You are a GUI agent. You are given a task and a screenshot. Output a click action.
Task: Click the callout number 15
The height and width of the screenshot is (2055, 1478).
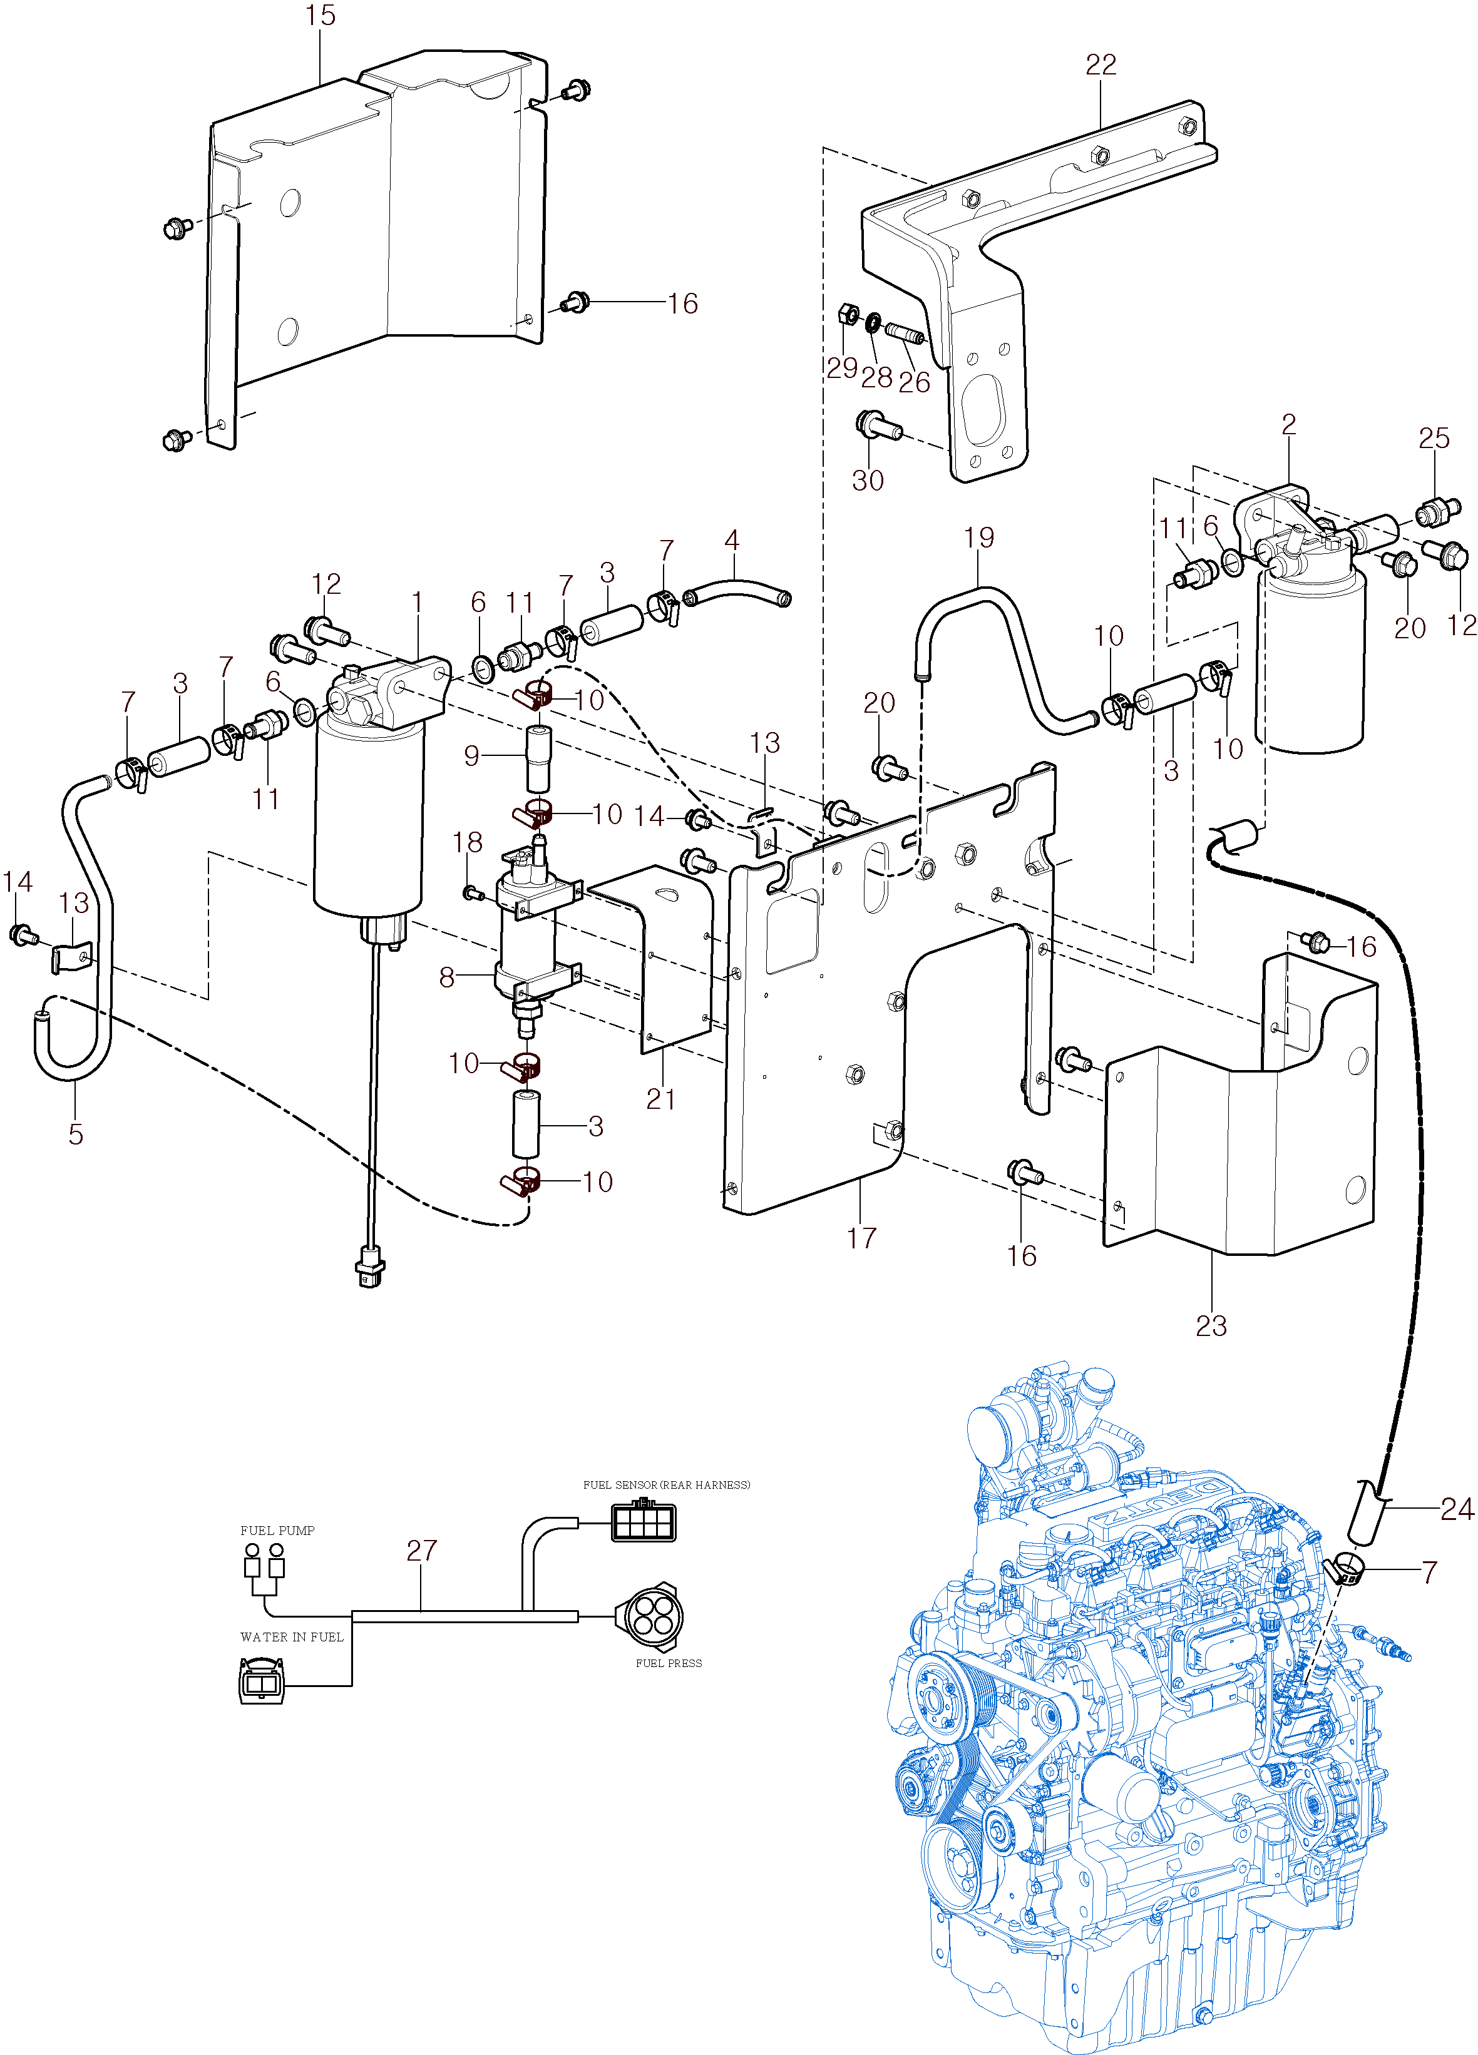(x=321, y=16)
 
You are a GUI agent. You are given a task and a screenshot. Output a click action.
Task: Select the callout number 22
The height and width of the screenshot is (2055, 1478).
(x=1101, y=64)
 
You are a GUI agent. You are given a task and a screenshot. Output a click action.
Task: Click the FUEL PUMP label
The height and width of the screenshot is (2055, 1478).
(x=277, y=1531)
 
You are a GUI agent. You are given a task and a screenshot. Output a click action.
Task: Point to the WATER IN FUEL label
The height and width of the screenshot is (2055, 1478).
(x=292, y=1637)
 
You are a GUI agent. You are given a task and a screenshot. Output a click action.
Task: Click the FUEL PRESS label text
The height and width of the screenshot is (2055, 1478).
(x=669, y=1663)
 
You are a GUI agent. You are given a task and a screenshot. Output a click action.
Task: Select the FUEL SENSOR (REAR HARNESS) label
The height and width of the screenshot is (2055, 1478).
(x=666, y=1484)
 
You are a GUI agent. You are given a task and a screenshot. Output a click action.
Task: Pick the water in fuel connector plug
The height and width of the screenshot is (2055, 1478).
(x=261, y=1681)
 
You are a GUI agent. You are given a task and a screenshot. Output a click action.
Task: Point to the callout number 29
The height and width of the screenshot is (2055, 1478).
(x=842, y=368)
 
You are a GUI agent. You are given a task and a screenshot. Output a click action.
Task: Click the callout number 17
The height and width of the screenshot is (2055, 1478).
(x=862, y=1238)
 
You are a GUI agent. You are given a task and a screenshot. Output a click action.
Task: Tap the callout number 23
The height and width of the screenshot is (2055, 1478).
(x=1211, y=1325)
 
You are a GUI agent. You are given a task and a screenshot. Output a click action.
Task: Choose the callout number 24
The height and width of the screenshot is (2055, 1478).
(x=1457, y=1509)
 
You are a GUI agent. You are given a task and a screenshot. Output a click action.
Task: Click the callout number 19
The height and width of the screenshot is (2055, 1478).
(x=978, y=538)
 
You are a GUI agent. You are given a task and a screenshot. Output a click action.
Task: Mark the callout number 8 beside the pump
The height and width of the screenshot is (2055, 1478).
(x=447, y=977)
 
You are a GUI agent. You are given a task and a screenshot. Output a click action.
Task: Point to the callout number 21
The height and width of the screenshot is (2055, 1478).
(x=660, y=1099)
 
